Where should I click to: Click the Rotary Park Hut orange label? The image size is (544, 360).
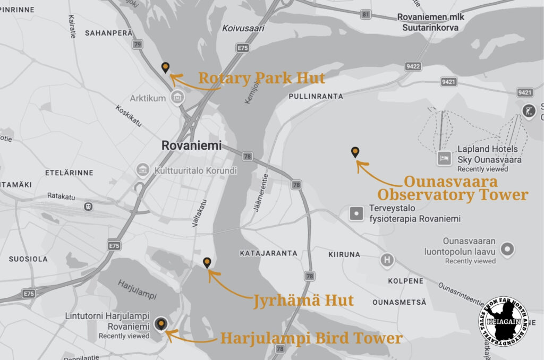261,79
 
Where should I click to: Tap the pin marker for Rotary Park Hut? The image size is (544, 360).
166,67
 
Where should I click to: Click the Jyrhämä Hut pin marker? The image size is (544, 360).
207,262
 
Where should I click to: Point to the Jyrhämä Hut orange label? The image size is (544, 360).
303,301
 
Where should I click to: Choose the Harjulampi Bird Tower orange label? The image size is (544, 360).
311,338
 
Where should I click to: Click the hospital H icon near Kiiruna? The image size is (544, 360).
387,260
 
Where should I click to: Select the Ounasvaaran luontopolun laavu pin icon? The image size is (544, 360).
508,248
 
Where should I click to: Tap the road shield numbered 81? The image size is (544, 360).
365,14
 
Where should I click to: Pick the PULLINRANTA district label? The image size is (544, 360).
316,97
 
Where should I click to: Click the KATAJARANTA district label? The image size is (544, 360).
268,253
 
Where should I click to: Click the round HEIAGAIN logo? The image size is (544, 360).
504,322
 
